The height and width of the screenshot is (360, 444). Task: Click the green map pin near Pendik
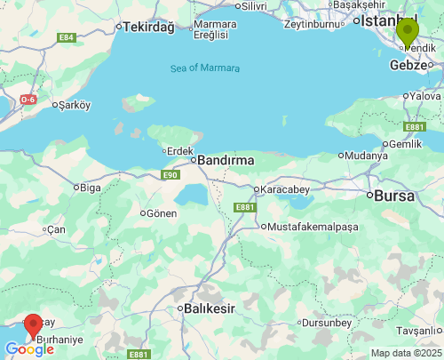coord(408,32)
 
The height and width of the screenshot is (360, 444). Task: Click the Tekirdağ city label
coord(147,27)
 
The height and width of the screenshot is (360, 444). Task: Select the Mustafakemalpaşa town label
coord(313,227)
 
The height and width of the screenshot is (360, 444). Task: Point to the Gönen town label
coord(163,213)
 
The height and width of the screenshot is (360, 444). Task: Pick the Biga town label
coord(91,187)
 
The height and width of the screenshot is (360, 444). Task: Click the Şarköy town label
coord(74,105)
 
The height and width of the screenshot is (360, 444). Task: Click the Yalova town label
coord(425,95)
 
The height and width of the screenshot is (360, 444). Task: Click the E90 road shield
coord(170,175)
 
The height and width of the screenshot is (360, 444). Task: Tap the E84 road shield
coord(66,37)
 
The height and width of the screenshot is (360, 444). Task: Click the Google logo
coord(28,349)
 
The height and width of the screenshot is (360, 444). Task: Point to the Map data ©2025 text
coord(405,353)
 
